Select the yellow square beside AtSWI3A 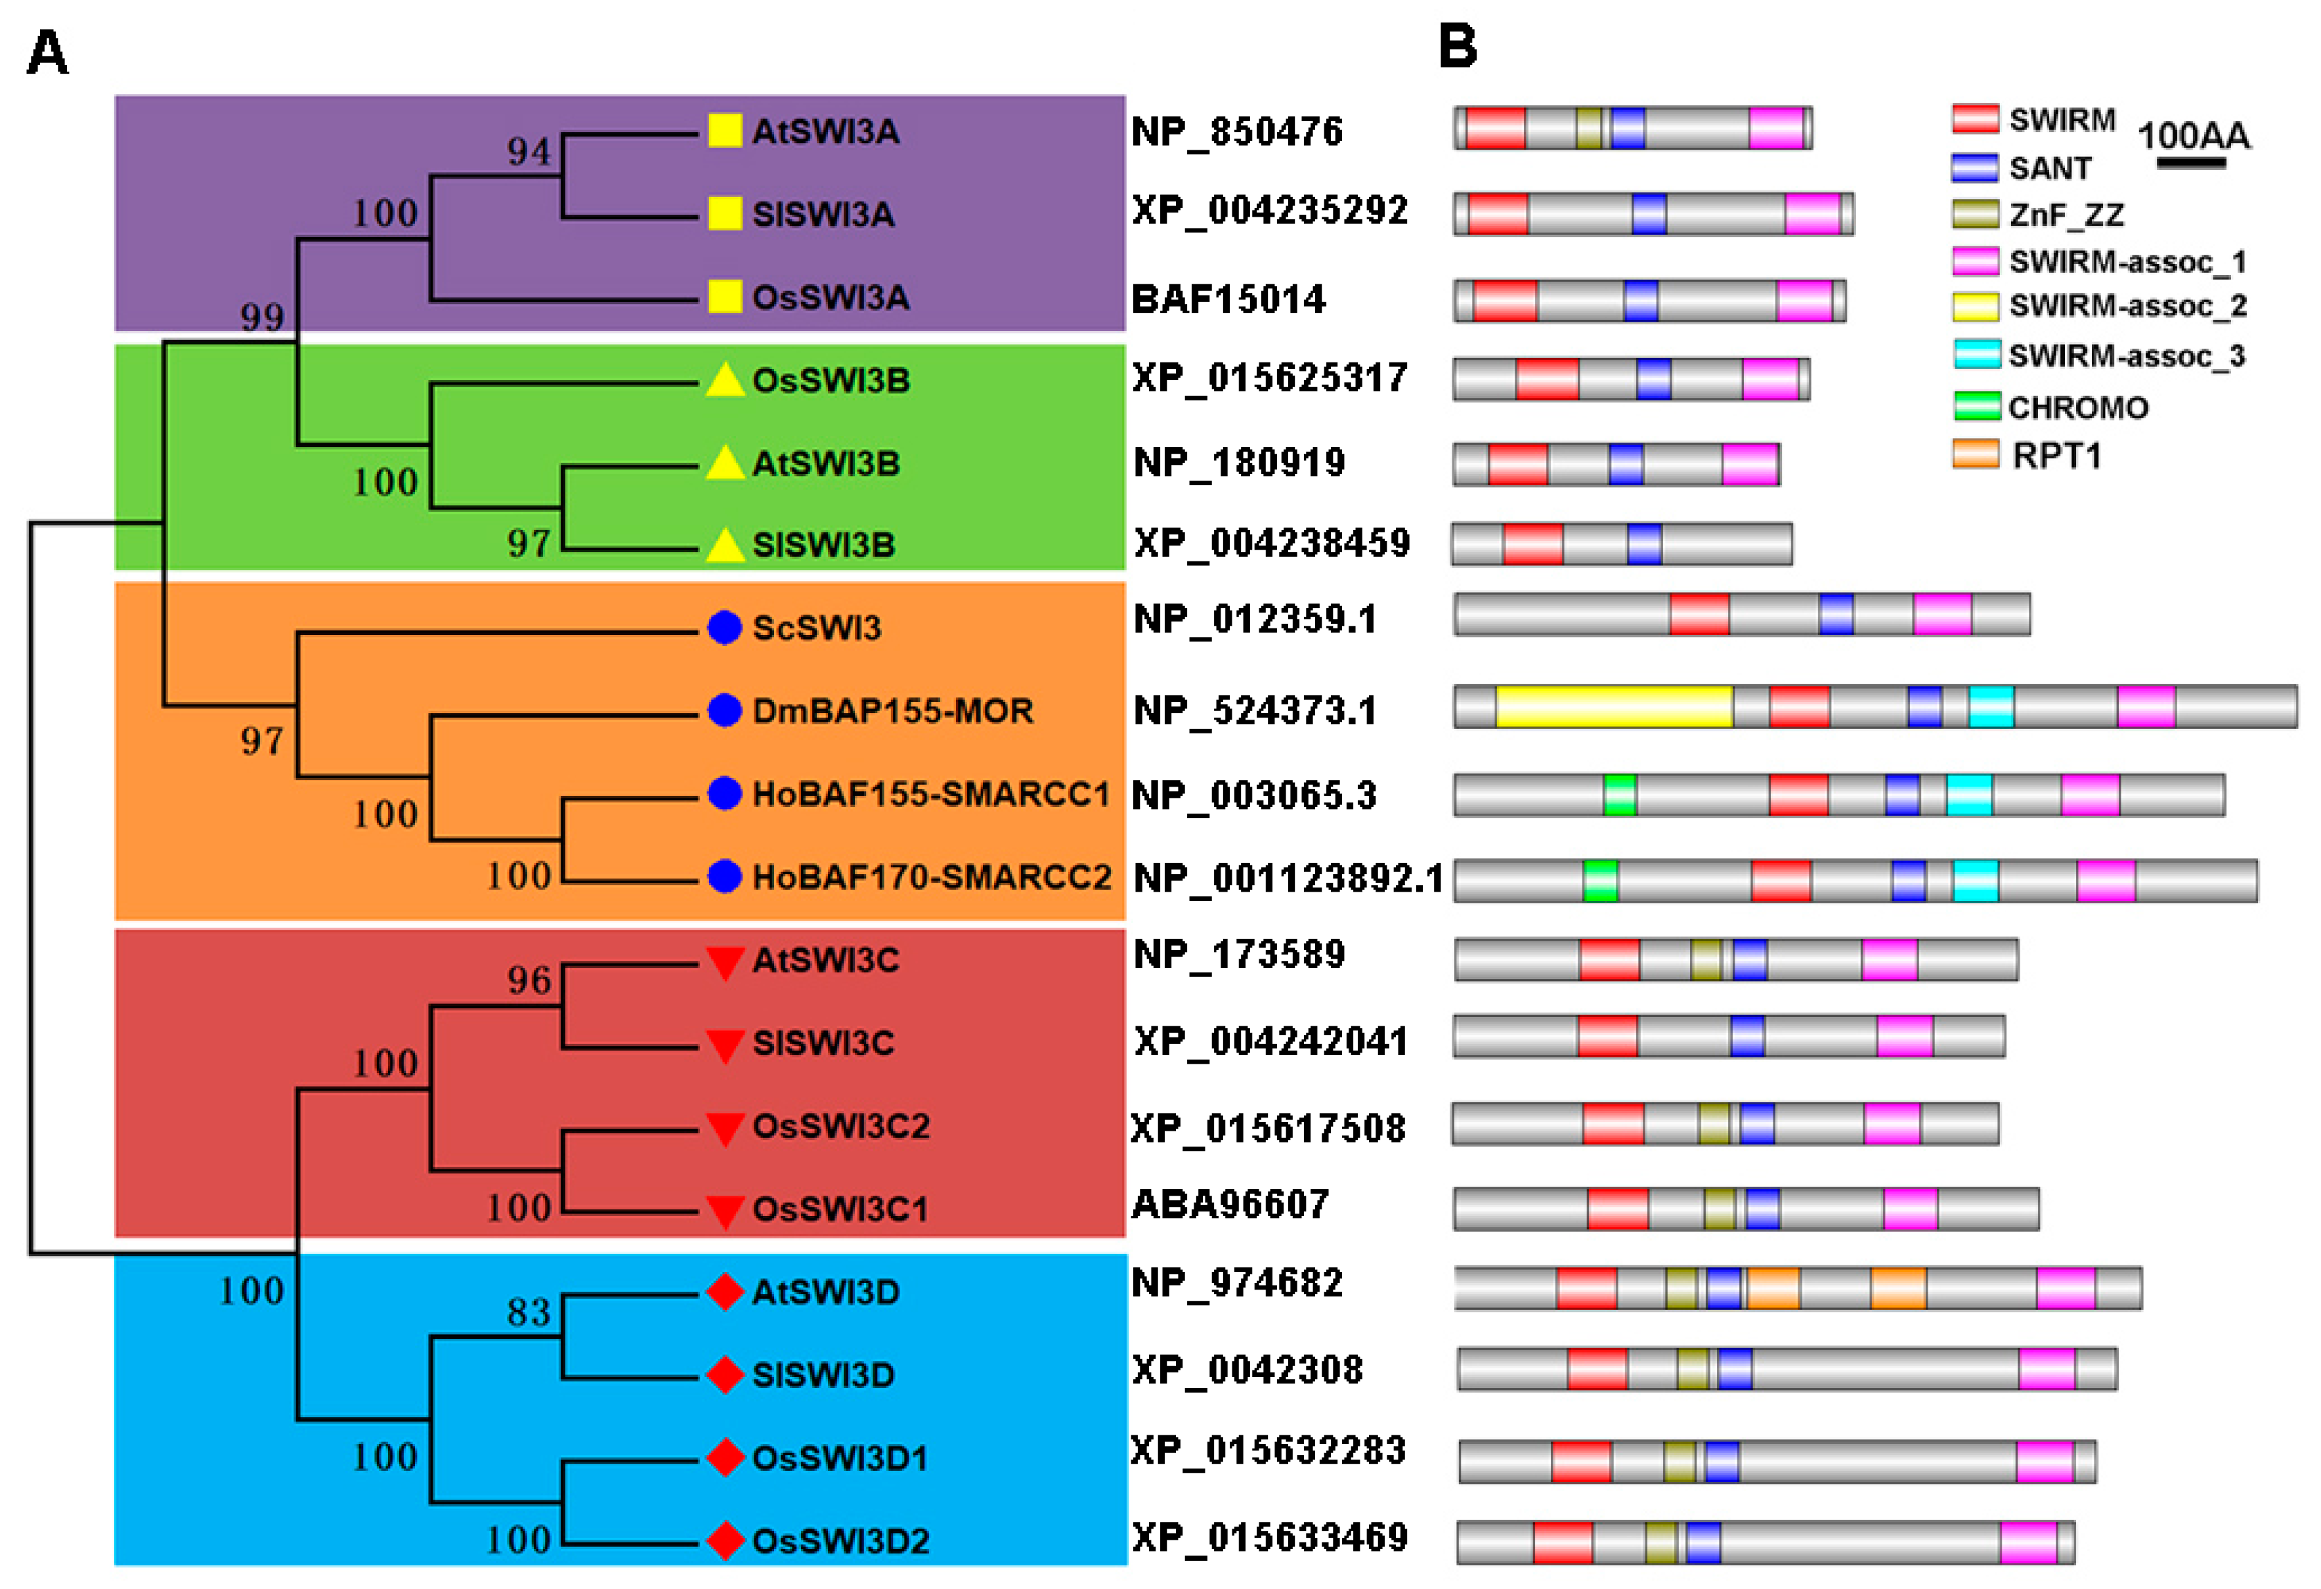point(725,131)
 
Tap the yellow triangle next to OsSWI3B point(725,381)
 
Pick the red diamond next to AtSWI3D point(725,1292)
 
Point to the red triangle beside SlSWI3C point(725,1045)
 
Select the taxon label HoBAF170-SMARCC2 point(931,877)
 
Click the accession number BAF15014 point(1228,299)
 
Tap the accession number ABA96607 point(1230,1204)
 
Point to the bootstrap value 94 point(529,152)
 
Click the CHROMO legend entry point(2077,408)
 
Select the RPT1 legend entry point(2056,456)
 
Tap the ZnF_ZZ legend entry point(2066,215)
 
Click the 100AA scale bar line point(2191,163)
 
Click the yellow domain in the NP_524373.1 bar point(1614,706)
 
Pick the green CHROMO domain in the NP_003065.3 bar point(1619,795)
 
